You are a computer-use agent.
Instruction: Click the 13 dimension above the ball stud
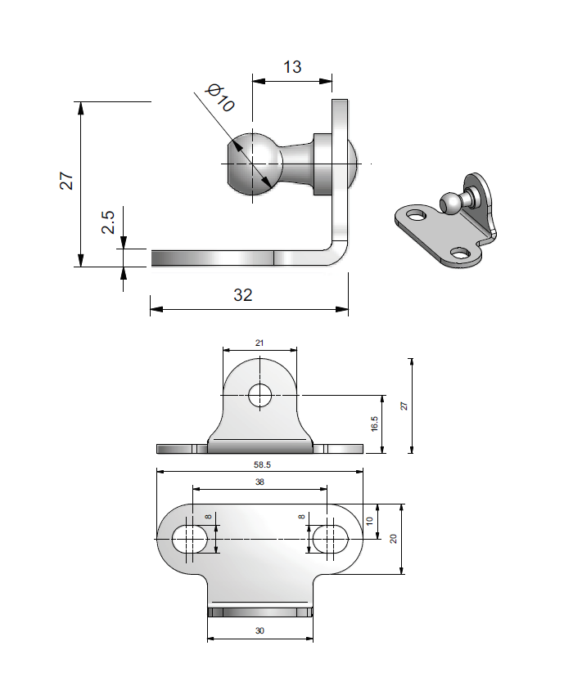click(292, 66)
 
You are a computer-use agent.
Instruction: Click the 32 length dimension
click(243, 295)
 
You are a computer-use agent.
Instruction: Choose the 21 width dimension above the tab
click(259, 343)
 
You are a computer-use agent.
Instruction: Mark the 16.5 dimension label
click(374, 424)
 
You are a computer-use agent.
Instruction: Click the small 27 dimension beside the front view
click(403, 406)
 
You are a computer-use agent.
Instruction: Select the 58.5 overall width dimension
click(259, 464)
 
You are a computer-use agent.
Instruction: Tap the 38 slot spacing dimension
click(259, 482)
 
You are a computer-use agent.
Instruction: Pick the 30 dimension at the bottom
click(260, 630)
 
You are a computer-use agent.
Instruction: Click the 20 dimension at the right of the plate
click(393, 539)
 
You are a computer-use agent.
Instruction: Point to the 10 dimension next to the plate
click(369, 522)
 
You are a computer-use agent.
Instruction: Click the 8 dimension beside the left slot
click(208, 518)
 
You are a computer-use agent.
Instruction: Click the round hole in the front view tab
click(261, 395)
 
